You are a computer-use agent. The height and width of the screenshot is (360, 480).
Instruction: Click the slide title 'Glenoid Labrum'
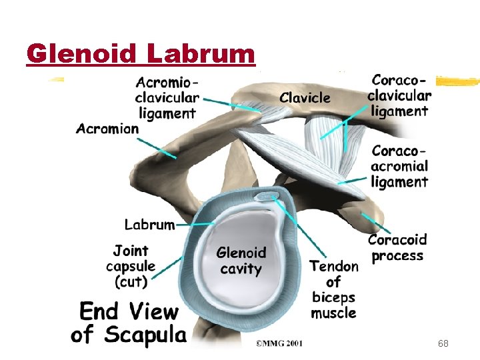(x=141, y=53)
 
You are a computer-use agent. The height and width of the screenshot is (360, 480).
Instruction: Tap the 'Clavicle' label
(x=305, y=98)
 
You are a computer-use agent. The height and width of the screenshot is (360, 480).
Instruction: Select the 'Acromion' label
(x=107, y=129)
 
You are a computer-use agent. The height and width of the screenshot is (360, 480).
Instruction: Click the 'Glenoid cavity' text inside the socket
(x=241, y=261)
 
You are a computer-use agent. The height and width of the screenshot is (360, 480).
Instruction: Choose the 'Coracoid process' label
(x=397, y=247)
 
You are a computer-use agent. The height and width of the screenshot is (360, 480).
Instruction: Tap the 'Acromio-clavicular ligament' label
(x=167, y=98)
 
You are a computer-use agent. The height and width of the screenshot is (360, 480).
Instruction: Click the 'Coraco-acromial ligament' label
(x=399, y=166)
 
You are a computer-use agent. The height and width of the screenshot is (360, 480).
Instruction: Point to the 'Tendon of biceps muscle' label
(x=333, y=289)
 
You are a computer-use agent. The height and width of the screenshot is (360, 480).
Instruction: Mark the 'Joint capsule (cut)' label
(x=131, y=266)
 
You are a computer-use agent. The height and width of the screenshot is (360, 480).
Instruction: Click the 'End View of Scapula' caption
(x=129, y=322)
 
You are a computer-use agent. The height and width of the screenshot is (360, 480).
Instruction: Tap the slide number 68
(x=443, y=343)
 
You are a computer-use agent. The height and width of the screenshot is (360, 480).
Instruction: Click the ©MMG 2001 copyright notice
(x=279, y=344)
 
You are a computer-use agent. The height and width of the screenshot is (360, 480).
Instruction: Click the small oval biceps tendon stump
(x=267, y=196)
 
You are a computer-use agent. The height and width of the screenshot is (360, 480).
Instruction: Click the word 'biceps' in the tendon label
(x=333, y=297)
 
